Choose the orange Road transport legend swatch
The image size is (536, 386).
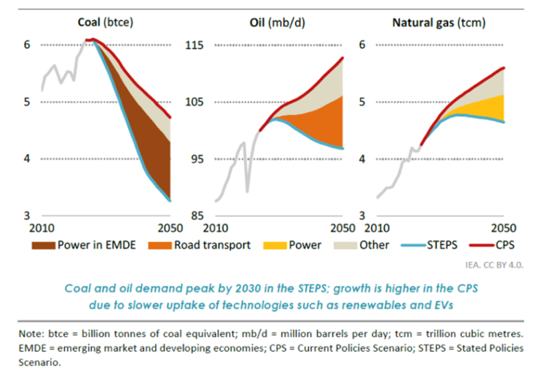point(159,245)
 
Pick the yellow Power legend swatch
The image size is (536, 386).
point(273,245)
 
